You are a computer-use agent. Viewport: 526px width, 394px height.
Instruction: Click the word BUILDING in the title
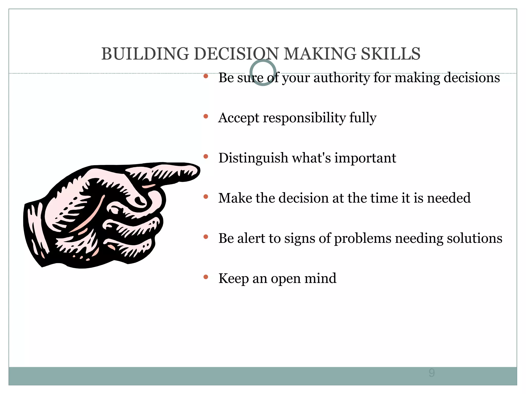point(145,54)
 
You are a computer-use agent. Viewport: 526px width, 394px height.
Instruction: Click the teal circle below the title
point(263,73)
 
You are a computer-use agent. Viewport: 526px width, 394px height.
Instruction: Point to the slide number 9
point(431,373)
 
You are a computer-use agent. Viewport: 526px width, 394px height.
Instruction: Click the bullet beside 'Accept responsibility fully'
point(205,116)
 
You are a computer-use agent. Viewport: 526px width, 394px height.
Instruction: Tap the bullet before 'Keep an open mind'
point(205,277)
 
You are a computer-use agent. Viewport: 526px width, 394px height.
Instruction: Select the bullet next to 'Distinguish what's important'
point(205,156)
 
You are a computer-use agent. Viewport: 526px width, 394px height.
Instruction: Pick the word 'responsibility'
point(304,118)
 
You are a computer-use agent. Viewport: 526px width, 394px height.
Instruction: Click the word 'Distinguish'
point(253,158)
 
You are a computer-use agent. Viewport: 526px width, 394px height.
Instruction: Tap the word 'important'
point(365,158)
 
